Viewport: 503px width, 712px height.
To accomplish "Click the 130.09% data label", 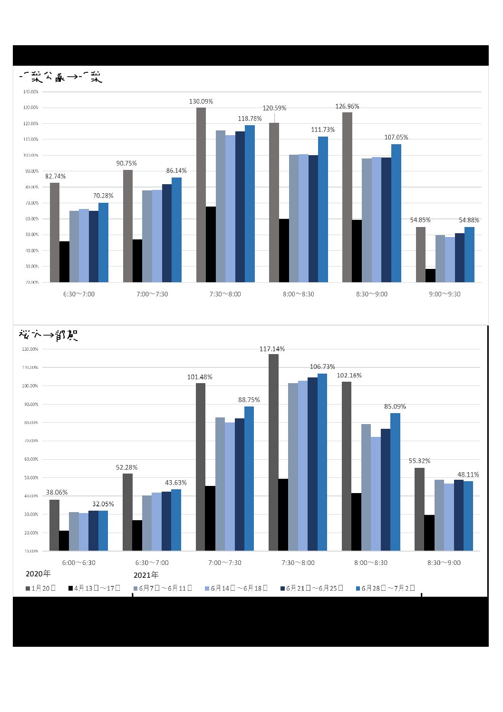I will (x=201, y=101).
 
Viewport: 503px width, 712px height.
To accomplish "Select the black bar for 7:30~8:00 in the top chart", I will (x=211, y=244).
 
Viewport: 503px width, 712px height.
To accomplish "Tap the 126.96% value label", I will (x=347, y=106).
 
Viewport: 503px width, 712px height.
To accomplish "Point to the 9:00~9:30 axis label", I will (x=445, y=294).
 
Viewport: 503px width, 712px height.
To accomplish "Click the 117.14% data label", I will (x=272, y=349).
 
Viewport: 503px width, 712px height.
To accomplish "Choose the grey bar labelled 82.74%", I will (x=55, y=232).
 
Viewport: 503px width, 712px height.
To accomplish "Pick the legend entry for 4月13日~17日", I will (x=95, y=588).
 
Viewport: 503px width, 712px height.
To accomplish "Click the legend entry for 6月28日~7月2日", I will (x=386, y=588).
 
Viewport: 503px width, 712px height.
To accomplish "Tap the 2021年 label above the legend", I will (x=146, y=575).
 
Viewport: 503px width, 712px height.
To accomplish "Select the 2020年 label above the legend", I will (x=38, y=574).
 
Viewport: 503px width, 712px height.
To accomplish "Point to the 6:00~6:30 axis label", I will (x=79, y=563).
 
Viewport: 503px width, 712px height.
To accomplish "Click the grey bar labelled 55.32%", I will (x=419, y=509).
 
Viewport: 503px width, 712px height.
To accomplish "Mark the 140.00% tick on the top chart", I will (x=31, y=91).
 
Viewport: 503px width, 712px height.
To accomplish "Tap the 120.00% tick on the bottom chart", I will (x=30, y=349).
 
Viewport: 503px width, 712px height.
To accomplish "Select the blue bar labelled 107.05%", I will (x=396, y=213).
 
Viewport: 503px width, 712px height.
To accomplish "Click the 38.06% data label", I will (x=57, y=492).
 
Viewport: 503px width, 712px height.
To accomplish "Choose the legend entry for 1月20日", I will (x=41, y=588).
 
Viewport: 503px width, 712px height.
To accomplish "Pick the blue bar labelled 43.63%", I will (x=176, y=520).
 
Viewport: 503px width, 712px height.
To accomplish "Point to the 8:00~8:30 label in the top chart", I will (x=299, y=294).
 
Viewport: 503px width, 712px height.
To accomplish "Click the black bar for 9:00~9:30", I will (x=430, y=276).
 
